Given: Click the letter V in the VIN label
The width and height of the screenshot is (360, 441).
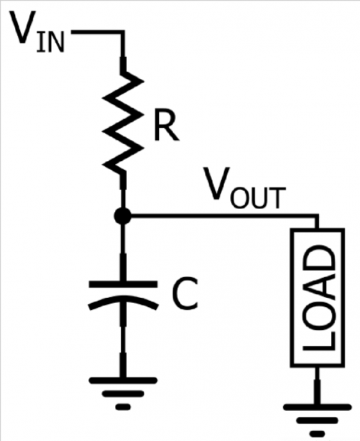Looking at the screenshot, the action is [23, 27].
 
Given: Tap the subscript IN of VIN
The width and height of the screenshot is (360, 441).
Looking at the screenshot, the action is [50, 42].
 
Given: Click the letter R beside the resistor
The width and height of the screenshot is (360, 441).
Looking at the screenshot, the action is [166, 124].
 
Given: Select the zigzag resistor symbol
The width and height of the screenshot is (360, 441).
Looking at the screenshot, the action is [123, 122].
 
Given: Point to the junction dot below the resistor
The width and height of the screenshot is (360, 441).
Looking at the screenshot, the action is [122, 216].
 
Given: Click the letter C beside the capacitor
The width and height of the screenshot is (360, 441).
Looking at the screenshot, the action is [185, 294].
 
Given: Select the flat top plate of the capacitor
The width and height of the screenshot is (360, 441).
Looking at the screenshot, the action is [123, 284].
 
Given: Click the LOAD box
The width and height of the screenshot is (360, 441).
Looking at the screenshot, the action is [318, 298].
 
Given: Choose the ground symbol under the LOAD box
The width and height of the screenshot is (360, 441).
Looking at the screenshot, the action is [318, 420].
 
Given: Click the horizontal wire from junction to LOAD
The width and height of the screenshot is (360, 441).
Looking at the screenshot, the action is [225, 216].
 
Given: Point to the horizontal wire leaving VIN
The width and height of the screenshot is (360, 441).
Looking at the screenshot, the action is [97, 32].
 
